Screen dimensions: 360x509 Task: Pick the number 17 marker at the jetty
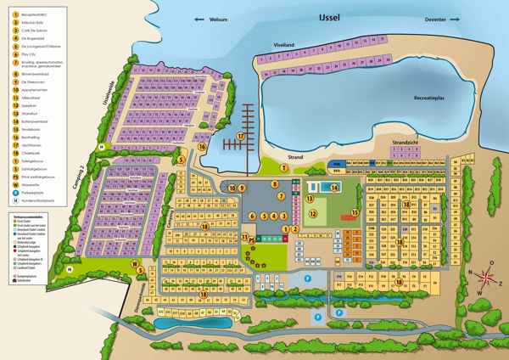pos(241,136)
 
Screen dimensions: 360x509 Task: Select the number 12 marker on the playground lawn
pos(312,214)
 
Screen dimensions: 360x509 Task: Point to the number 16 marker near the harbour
pos(203,146)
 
